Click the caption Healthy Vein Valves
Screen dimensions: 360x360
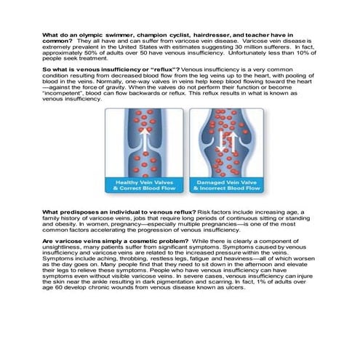[144, 182]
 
